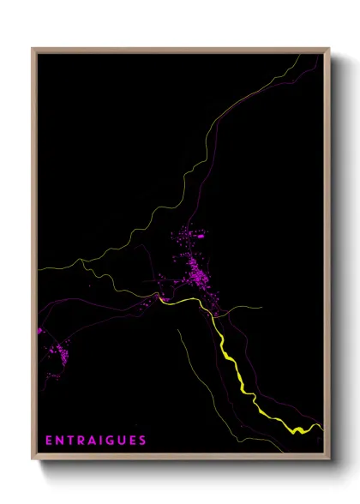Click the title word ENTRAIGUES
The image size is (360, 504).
pos(95,441)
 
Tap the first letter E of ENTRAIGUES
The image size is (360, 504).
pos(48,441)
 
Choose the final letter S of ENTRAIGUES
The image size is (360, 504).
pos(143,441)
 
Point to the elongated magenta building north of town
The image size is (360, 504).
pos(201,234)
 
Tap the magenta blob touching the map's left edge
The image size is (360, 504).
pos(39,329)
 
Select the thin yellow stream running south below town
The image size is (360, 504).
pos(193,360)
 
